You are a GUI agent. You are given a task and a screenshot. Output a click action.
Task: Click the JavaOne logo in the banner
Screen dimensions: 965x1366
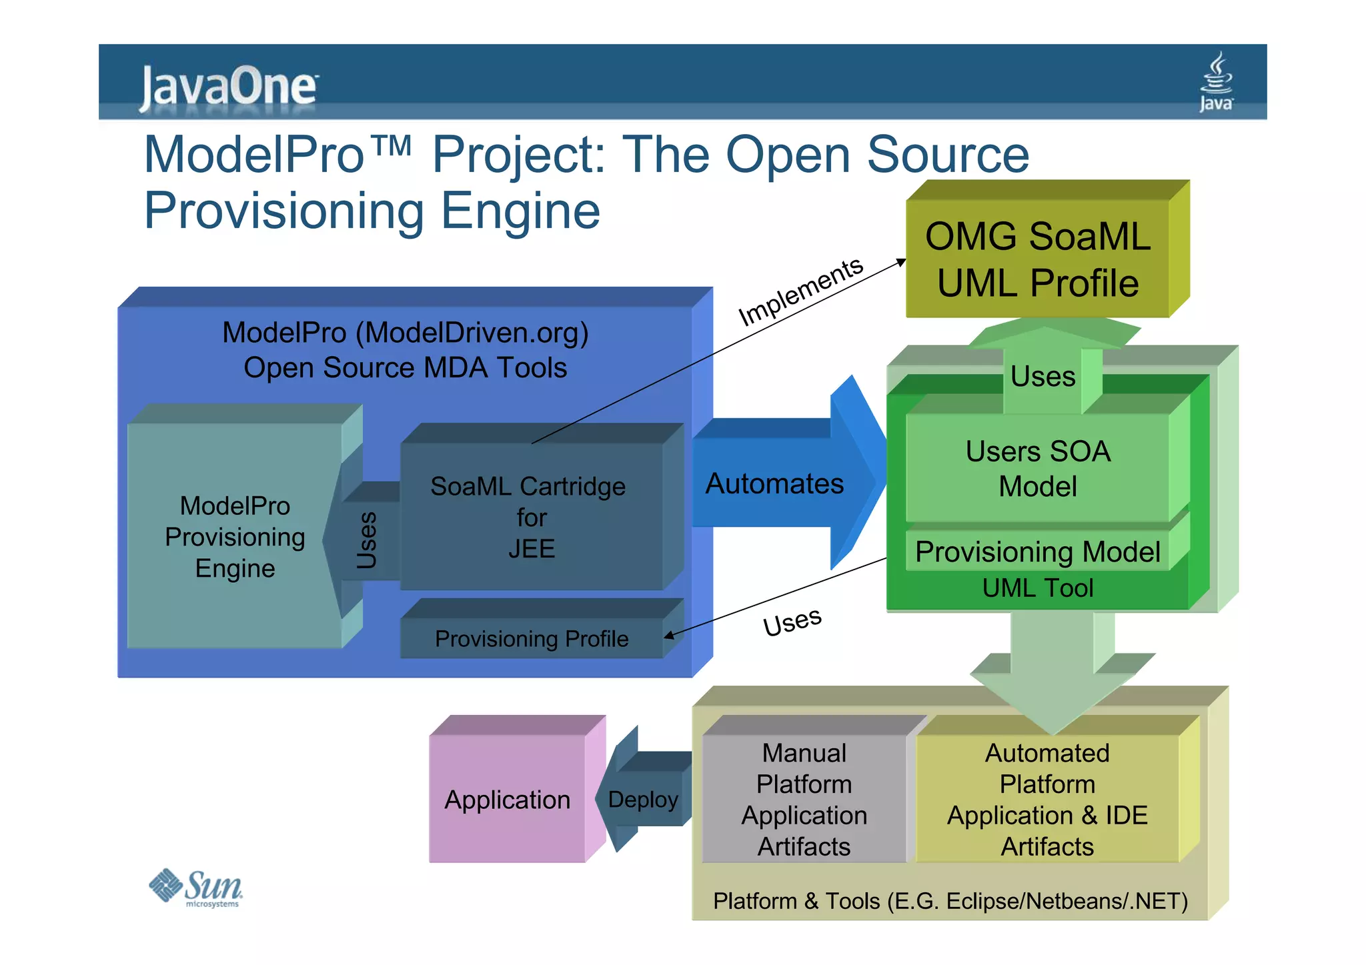(x=228, y=87)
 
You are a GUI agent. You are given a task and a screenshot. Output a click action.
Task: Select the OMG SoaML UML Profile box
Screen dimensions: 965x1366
(x=1038, y=259)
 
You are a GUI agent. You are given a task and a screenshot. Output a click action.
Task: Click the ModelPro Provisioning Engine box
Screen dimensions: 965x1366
(x=235, y=536)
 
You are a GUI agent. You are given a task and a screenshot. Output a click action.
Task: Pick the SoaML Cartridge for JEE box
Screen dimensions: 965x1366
(x=530, y=517)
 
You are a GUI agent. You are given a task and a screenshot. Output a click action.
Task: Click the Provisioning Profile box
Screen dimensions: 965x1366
(x=532, y=639)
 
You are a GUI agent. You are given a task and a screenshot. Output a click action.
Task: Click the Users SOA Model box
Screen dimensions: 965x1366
(x=1038, y=468)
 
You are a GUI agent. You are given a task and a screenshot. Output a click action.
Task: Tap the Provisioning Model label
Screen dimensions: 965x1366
(x=1038, y=552)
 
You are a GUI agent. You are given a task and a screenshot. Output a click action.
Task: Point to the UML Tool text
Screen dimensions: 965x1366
(x=1038, y=588)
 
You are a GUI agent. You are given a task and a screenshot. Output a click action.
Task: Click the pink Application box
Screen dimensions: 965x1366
(x=507, y=800)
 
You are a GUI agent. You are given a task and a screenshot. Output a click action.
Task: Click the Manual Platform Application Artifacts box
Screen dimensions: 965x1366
(x=804, y=799)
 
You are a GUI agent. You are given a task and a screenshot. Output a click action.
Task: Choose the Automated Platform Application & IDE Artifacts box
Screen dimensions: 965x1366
(x=1047, y=799)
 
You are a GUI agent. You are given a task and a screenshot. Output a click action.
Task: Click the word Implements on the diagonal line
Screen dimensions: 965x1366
(x=801, y=292)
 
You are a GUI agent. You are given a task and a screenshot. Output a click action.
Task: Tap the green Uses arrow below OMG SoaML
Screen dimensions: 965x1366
(x=1043, y=376)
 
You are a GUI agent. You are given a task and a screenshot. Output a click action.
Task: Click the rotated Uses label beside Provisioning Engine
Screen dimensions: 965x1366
(x=367, y=540)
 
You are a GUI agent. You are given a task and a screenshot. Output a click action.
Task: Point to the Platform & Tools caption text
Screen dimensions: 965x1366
(x=950, y=901)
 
